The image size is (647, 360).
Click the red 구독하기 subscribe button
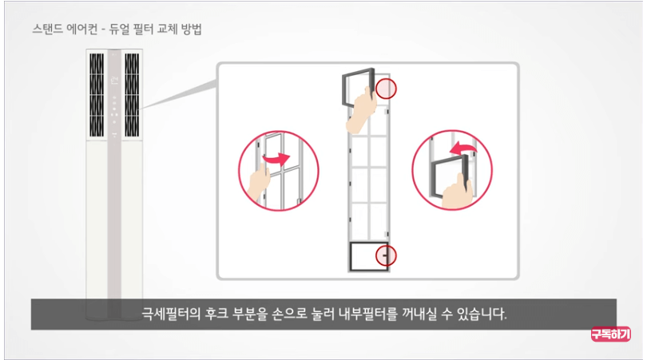611,335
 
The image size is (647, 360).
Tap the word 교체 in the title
163,31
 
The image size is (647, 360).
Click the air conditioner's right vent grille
132,95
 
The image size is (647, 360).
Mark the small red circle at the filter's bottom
387,255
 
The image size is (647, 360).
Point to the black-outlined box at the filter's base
368,255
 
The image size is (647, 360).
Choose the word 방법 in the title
192,31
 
